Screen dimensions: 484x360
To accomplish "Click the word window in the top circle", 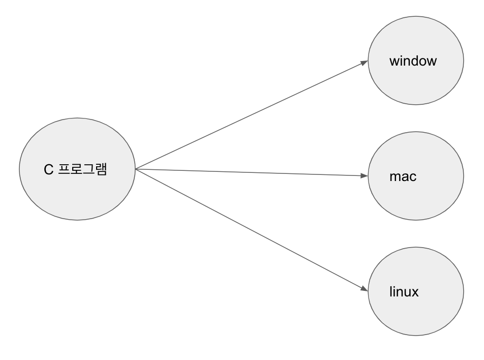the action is coord(413,61).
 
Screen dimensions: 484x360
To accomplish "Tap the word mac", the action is coord(403,176).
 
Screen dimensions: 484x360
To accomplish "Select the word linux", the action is coord(404,291).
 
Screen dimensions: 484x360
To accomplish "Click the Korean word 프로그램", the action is coord(82,169).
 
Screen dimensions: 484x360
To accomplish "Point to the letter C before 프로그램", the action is coord(48,169).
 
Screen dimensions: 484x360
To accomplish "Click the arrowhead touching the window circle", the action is coord(364,63).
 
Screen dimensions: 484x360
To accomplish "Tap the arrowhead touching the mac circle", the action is coord(364,175).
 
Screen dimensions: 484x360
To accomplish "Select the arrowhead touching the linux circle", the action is coord(364,288).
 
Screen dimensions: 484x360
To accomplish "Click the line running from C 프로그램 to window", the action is coord(252,115).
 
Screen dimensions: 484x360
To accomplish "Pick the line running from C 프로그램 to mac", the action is coord(252,172).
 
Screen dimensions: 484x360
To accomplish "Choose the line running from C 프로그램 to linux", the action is coord(252,230).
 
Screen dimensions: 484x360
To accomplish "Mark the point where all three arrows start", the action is coord(136,169).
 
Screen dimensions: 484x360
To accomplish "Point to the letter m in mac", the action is coord(395,177).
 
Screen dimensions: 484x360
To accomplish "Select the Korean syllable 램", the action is coord(101,169).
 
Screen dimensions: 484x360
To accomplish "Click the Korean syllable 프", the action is coord(64,169).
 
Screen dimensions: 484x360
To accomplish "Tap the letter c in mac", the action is coord(413,177).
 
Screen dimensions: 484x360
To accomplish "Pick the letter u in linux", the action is coord(407,293).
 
